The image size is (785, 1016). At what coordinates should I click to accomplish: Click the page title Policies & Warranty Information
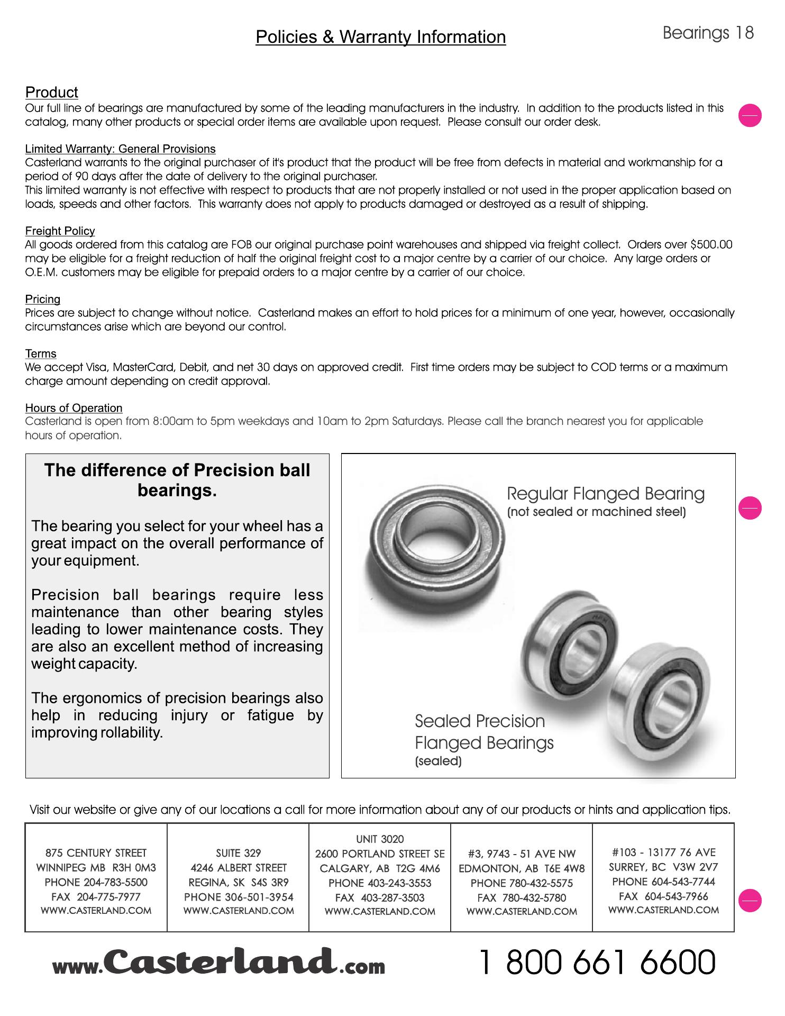pos(380,37)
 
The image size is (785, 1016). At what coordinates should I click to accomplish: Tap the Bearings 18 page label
pos(708,33)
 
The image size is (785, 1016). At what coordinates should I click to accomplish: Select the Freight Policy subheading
pos(60,231)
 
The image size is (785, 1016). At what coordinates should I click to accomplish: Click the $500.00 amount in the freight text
pos(711,244)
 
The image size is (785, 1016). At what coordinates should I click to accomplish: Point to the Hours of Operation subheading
pos(74,408)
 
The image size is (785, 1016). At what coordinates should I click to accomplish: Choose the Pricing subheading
pos(42,299)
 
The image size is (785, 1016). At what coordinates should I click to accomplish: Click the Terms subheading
pos(41,353)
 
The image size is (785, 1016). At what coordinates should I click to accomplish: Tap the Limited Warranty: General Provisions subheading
pos(120,149)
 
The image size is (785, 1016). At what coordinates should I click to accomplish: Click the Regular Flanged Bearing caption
pos(606,494)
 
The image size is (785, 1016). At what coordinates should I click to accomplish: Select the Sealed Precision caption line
pos(479,721)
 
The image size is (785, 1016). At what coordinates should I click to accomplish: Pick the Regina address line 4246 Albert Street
pos(238,868)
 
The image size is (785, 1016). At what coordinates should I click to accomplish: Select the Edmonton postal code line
pos(522,868)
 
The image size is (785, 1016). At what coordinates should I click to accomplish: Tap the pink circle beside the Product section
pos(750,115)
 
